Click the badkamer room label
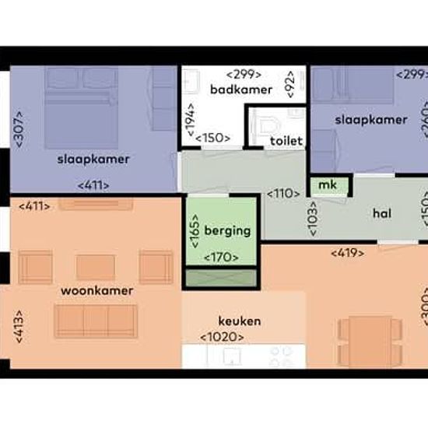click(x=241, y=89)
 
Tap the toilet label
click(x=286, y=141)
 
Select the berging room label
click(x=227, y=231)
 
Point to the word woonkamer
click(x=97, y=291)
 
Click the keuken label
click(x=240, y=321)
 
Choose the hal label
click(x=382, y=213)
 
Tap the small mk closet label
click(x=328, y=185)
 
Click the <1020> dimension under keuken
click(x=223, y=338)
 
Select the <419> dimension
click(x=347, y=253)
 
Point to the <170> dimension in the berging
click(x=221, y=257)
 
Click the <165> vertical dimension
click(x=195, y=231)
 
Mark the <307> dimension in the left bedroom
click(x=20, y=129)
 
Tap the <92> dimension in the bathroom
click(x=290, y=84)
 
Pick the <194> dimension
click(x=191, y=119)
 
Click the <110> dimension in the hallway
click(x=283, y=194)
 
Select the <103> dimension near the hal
click(x=313, y=219)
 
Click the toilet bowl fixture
click(x=268, y=126)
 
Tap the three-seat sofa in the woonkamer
click(x=96, y=321)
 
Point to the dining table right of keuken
click(x=370, y=341)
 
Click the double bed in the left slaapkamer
click(x=82, y=108)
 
